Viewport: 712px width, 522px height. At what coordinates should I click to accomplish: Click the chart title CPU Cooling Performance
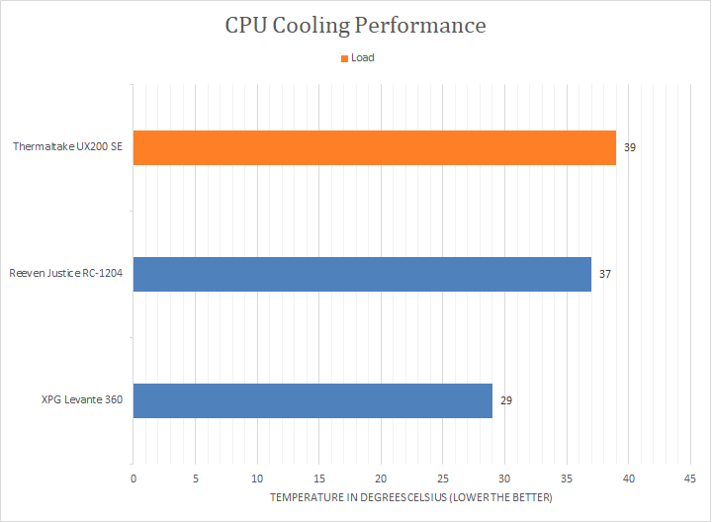pyautogui.click(x=355, y=25)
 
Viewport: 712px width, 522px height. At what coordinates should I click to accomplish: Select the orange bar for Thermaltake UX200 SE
pyautogui.click(x=374, y=147)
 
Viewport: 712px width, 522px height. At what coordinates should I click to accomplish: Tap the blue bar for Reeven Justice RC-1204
pyautogui.click(x=362, y=274)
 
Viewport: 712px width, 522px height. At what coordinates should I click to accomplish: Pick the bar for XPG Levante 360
pyautogui.click(x=312, y=400)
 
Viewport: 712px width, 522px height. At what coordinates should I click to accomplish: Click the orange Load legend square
pyautogui.click(x=343, y=58)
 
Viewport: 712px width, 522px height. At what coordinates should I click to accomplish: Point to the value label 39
pyautogui.click(x=630, y=147)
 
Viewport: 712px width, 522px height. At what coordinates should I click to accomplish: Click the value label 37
pyautogui.click(x=605, y=274)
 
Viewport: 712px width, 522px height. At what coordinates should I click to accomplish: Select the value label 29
pyautogui.click(x=505, y=400)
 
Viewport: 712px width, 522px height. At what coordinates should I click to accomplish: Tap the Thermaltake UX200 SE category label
pyautogui.click(x=68, y=147)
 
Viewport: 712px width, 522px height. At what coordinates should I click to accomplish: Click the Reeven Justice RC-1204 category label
pyautogui.click(x=65, y=274)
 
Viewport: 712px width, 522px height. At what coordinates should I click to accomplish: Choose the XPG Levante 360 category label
pyautogui.click(x=82, y=400)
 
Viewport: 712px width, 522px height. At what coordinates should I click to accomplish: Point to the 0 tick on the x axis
pyautogui.click(x=133, y=478)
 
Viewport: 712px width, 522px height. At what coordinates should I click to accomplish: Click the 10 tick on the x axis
pyautogui.click(x=257, y=478)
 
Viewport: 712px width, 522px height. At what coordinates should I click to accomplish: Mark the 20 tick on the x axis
pyautogui.click(x=381, y=478)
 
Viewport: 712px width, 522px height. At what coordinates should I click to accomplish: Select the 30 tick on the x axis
pyautogui.click(x=504, y=478)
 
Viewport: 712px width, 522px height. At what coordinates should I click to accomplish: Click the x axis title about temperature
pyautogui.click(x=411, y=496)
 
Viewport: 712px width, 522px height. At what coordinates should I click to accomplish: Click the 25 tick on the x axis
pyautogui.click(x=443, y=478)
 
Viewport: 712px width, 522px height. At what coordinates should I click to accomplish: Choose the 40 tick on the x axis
pyautogui.click(x=629, y=478)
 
